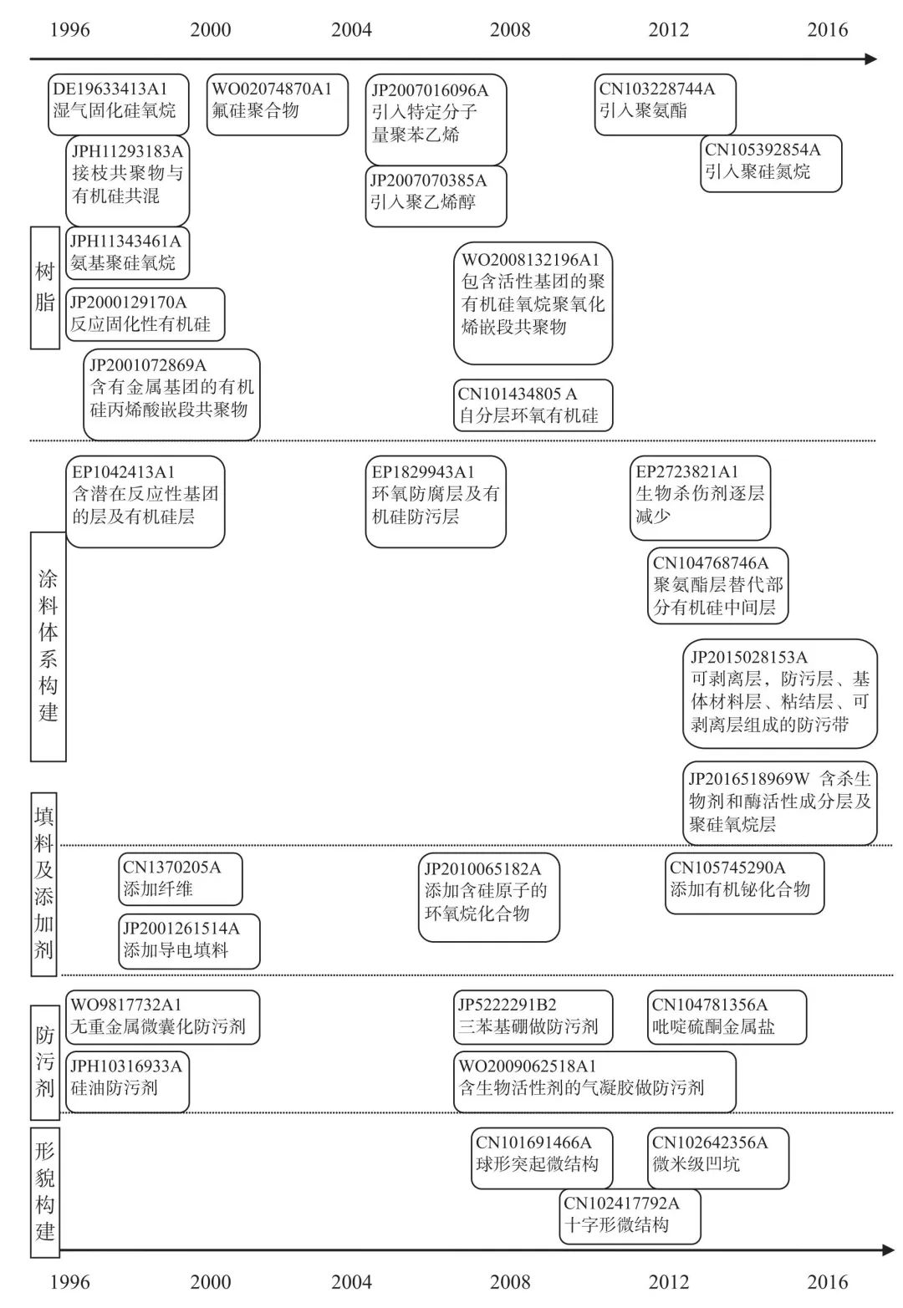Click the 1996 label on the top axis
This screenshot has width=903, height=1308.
[69, 30]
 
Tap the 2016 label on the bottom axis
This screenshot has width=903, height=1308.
[827, 1281]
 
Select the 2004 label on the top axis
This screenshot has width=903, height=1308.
[351, 30]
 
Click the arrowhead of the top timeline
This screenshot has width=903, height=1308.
[871, 59]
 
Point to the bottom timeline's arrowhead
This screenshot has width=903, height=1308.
[888, 1249]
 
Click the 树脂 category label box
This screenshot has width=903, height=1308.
[45, 287]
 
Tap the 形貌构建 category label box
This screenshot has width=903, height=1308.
[45, 1192]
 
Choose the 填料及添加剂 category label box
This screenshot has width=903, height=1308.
[45, 884]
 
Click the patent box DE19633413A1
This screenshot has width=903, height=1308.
[118, 104]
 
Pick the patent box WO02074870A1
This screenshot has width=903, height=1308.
[277, 104]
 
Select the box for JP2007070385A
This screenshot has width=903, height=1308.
[436, 196]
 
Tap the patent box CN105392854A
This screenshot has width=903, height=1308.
[770, 164]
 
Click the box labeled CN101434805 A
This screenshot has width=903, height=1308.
[533, 405]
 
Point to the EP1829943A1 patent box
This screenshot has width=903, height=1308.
[436, 501]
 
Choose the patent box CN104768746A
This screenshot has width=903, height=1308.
[717, 585]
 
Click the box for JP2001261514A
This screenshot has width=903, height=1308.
[189, 941]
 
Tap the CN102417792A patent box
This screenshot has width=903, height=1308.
[630, 1217]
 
